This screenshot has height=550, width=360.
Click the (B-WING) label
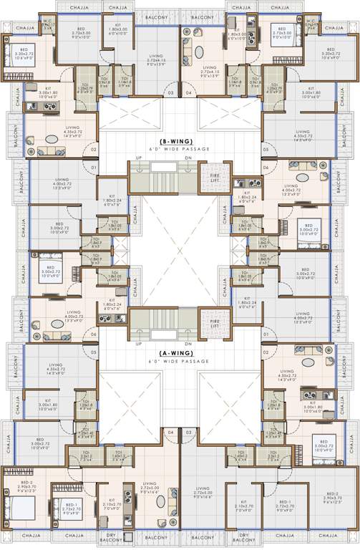click(x=180, y=143)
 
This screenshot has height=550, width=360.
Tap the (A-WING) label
click(x=180, y=352)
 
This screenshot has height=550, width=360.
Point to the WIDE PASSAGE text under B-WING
click(x=180, y=151)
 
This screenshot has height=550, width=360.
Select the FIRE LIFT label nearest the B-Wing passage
click(x=214, y=176)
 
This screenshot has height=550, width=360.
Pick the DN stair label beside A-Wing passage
click(x=188, y=343)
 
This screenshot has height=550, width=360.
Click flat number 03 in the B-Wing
click(x=170, y=93)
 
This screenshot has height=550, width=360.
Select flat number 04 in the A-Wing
click(x=170, y=433)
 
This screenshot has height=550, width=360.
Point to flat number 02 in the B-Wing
click(x=93, y=149)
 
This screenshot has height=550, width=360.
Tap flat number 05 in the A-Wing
click(x=93, y=352)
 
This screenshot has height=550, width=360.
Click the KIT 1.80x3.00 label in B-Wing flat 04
click(x=236, y=34)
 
